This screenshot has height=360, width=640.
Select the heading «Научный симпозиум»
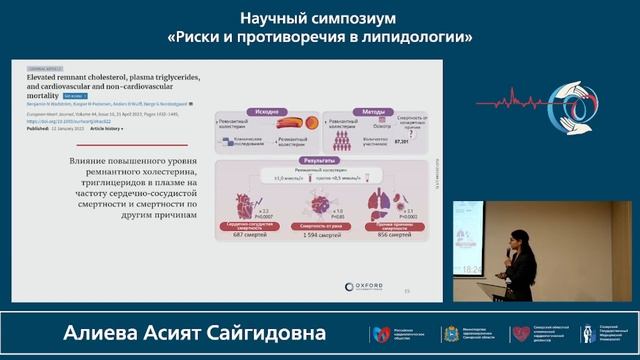[x=319, y=18]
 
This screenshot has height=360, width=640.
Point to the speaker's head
[x=519, y=236]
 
